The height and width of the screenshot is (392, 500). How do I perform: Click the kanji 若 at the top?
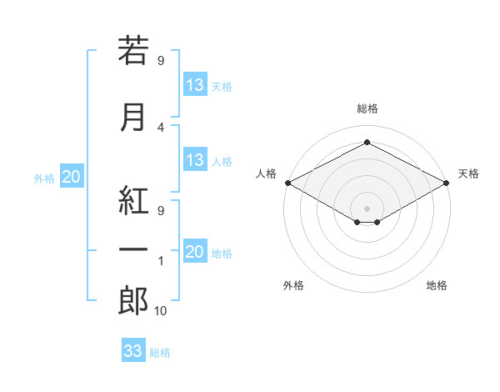[133, 50]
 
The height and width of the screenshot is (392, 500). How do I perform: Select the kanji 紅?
[133, 200]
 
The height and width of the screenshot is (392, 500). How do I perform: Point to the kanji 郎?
[133, 300]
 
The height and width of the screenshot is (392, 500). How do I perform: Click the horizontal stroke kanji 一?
[133, 249]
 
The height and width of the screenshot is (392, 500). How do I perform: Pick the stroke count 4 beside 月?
[161, 128]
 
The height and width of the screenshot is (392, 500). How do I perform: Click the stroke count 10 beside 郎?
[160, 310]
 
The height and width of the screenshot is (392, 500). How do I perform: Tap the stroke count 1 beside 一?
[161, 261]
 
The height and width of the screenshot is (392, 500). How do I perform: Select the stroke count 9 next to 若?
[161, 60]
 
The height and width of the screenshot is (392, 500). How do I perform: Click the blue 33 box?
[133, 349]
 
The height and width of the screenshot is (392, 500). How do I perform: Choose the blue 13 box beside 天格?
[196, 84]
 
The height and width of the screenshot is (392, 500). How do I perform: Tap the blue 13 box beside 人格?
[196, 159]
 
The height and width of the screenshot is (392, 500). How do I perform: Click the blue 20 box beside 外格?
[72, 176]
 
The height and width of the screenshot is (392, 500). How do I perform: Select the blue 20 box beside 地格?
[196, 250]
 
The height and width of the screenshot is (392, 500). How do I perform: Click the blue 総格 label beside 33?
[160, 353]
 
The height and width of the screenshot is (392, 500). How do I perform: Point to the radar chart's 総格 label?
[367, 108]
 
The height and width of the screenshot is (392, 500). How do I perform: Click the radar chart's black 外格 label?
[293, 285]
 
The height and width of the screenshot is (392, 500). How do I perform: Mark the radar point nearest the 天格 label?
[447, 183]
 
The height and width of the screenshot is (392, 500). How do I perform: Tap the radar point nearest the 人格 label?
[288, 183]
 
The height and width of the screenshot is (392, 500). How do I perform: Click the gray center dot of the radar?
[367, 209]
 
